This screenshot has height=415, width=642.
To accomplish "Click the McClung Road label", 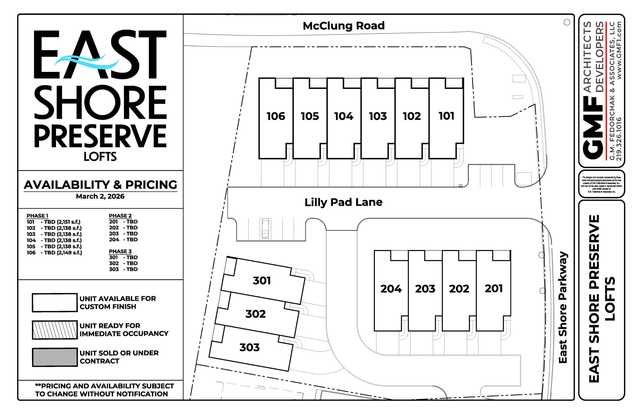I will click(343, 26).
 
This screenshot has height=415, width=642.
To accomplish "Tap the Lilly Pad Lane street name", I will click(343, 202).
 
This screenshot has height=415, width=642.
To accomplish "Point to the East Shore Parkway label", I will click(563, 307).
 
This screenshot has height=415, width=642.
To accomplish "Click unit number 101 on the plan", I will click(446, 116).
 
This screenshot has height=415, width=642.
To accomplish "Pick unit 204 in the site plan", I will click(391, 289).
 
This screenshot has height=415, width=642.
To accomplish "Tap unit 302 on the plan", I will click(255, 314).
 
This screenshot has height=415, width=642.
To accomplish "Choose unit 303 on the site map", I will click(250, 347).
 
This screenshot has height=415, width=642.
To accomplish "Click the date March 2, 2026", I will click(100, 196).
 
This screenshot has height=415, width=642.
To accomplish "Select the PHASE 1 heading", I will click(37, 216).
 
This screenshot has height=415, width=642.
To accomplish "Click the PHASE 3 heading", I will click(120, 251).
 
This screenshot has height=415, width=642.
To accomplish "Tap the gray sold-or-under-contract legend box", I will click(55, 357).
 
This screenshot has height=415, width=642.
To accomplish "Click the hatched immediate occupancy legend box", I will click(55, 330).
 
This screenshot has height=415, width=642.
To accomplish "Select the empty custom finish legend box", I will click(55, 303).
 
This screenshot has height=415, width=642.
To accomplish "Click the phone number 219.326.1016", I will click(618, 139).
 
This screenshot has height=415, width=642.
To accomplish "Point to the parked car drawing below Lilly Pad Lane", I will click(265, 229).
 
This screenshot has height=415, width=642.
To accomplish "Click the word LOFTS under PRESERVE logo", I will click(100, 157).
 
